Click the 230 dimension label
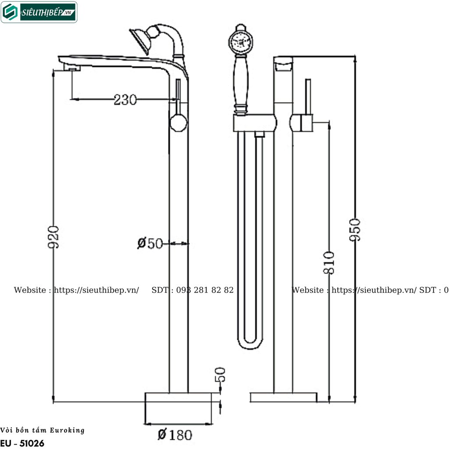pos(125,100)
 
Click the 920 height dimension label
pos(53,237)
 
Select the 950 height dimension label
pos(355,229)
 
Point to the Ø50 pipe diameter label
pos(150,243)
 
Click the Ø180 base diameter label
pos(175,435)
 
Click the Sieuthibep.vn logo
pos(39,12)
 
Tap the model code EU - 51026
pos(22,443)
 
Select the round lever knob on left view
pos(178,122)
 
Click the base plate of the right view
pos(283,397)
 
